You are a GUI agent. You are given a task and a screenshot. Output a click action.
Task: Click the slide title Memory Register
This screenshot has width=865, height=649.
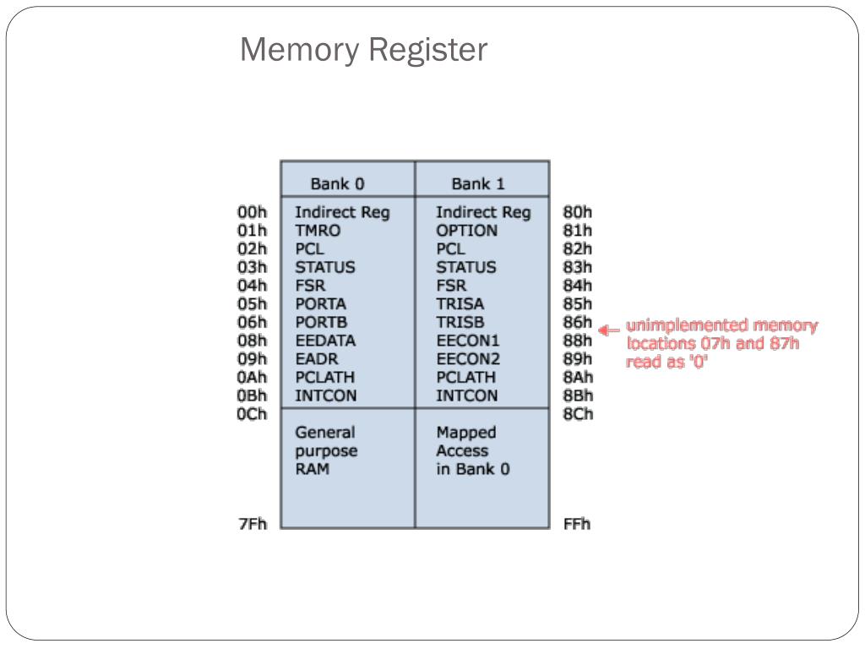pyautogui.click(x=364, y=50)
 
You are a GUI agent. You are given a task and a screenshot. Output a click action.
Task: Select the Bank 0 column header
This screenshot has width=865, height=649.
pyautogui.click(x=338, y=183)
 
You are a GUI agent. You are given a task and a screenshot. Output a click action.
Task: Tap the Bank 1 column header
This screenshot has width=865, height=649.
pyautogui.click(x=478, y=183)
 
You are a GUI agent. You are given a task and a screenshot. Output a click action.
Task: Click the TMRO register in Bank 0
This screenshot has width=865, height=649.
pyautogui.click(x=318, y=231)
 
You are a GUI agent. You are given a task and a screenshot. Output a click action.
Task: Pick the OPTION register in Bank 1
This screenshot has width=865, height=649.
pyautogui.click(x=466, y=231)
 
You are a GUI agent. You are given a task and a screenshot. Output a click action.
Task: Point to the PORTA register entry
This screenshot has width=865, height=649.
pyautogui.click(x=320, y=304)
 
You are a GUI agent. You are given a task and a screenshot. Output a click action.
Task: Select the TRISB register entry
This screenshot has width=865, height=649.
pyautogui.click(x=460, y=322)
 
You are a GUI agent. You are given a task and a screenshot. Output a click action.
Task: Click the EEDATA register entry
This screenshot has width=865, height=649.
pyautogui.click(x=325, y=341)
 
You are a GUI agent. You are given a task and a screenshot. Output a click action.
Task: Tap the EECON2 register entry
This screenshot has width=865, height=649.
pyautogui.click(x=468, y=358)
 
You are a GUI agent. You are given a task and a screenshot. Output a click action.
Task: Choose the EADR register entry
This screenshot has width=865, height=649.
pyautogui.click(x=317, y=358)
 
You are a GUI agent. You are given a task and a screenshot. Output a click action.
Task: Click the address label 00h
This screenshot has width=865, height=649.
pyautogui.click(x=252, y=212)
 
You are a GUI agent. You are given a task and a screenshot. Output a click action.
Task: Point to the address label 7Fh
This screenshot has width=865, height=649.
pyautogui.click(x=253, y=524)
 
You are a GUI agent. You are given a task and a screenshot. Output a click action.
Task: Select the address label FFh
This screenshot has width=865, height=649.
pyautogui.click(x=577, y=524)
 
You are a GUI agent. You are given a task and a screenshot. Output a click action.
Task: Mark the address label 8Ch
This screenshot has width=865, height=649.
pyautogui.click(x=578, y=414)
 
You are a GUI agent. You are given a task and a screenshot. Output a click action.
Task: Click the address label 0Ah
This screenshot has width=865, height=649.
pyautogui.click(x=252, y=378)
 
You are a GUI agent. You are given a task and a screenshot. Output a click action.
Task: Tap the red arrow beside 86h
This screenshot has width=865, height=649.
pyautogui.click(x=609, y=330)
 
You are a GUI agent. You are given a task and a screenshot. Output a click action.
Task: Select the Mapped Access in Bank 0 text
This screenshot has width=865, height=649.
pyautogui.click(x=473, y=451)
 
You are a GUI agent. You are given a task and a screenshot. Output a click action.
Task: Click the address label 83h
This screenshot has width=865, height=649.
pyautogui.click(x=578, y=267)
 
